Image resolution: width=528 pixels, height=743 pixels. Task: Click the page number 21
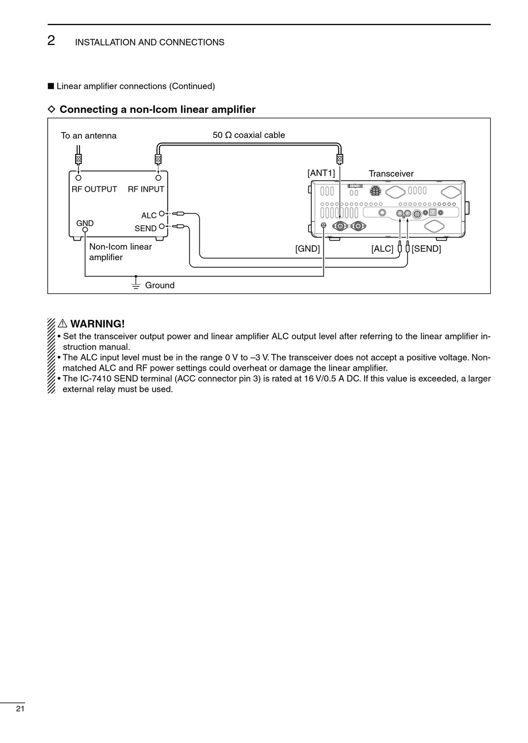[20, 709]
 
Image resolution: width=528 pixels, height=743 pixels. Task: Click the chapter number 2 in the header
[51, 41]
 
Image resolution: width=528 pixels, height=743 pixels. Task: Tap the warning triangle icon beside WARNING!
[62, 323]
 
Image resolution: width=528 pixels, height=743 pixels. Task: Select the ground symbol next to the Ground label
[136, 283]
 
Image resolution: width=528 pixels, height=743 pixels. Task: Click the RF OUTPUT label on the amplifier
[94, 189]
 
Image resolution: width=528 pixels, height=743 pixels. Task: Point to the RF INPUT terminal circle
[158, 178]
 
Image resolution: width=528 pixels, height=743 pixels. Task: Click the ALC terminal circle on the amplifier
[162, 213]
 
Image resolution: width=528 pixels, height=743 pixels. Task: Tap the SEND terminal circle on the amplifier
[162, 226]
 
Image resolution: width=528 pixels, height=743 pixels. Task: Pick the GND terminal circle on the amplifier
[85, 230]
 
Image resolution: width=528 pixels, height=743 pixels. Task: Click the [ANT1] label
[321, 173]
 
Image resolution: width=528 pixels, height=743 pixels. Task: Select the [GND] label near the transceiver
[307, 248]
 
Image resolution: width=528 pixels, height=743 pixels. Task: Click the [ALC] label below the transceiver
[382, 248]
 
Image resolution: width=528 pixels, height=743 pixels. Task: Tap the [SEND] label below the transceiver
[426, 248]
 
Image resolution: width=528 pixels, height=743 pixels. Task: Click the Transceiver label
[391, 173]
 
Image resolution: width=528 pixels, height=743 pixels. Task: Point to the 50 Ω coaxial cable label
[249, 135]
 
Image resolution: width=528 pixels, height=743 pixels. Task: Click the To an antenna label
[88, 136]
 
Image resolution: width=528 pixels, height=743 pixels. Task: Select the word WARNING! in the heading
[97, 323]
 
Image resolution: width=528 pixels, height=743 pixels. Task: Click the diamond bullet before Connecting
[51, 109]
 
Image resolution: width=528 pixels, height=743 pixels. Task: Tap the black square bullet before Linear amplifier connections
[51, 86]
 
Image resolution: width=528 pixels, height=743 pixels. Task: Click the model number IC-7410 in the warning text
[96, 378]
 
